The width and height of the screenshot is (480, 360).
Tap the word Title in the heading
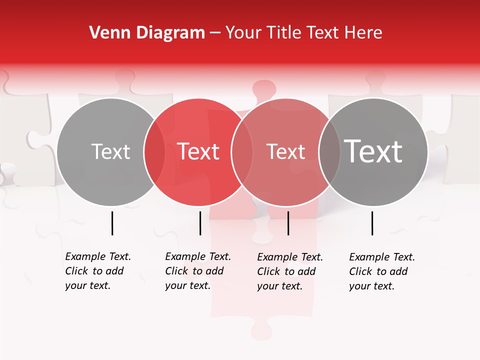(284, 32)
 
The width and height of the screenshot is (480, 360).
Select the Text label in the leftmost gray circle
(110, 151)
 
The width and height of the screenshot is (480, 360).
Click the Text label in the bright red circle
(198, 151)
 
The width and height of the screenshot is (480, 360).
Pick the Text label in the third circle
(285, 151)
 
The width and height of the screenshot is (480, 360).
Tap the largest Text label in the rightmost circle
(373, 151)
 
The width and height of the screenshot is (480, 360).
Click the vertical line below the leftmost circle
(112, 223)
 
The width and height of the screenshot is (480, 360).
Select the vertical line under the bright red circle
(200, 223)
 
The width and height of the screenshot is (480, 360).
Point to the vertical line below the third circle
(288, 223)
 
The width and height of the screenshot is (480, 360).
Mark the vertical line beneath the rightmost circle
(372, 223)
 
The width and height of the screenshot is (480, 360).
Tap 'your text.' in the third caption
(279, 286)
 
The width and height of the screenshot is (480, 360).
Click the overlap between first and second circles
(154, 151)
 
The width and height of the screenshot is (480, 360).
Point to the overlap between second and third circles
(241, 151)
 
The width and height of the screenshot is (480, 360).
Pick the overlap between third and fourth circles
(329, 151)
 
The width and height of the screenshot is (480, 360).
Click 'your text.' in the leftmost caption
(87, 285)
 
